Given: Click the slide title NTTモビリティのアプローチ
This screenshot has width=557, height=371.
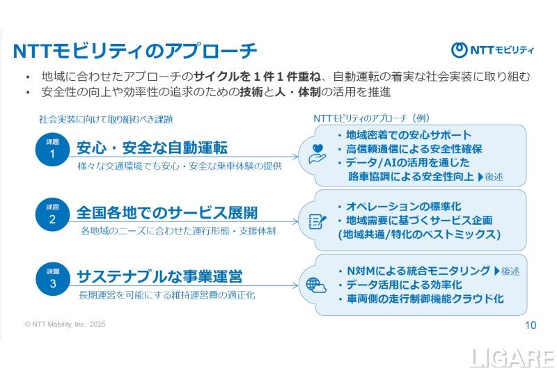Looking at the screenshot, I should (x=136, y=51).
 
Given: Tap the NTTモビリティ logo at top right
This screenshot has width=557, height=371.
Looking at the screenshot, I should (x=492, y=49).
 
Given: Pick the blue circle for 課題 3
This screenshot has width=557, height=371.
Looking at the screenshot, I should (x=53, y=277).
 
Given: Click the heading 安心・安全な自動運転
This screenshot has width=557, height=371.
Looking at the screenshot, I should (x=152, y=148).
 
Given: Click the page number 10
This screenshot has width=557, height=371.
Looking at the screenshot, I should (x=530, y=324).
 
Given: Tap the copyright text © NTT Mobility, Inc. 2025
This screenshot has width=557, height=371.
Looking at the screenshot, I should (x=65, y=324).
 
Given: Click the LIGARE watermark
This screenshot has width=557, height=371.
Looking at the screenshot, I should (x=512, y=358).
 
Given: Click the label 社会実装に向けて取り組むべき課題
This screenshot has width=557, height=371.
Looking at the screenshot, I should (x=105, y=120).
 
